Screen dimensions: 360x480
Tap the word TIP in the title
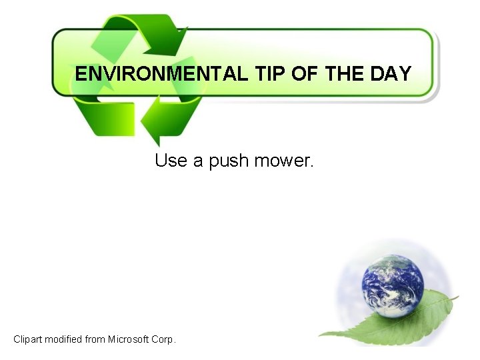pos(265,73)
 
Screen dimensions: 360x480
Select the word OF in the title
pos(302,73)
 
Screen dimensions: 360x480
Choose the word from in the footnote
pos(95,339)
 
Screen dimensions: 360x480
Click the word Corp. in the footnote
pos(163,339)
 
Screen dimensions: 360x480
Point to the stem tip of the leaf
pos(457,297)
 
